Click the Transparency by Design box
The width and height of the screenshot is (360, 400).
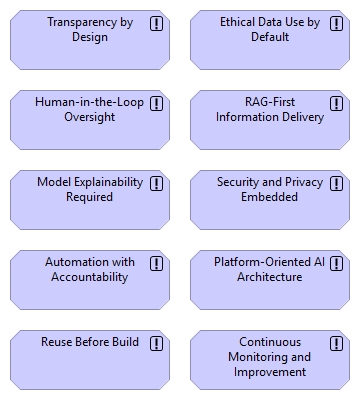tap(90, 40)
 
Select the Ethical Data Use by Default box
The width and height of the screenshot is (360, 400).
tap(270, 40)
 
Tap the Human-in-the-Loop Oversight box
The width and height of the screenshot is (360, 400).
tap(90, 120)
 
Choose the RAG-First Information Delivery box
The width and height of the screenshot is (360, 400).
tap(270, 120)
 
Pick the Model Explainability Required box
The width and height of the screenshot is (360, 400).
tap(90, 200)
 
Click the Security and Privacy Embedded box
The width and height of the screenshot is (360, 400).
tap(270, 200)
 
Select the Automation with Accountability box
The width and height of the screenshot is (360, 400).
tap(90, 280)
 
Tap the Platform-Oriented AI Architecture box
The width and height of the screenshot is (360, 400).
tap(270, 280)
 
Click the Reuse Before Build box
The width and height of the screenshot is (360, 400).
tap(90, 360)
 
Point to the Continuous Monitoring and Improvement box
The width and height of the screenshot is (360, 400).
tap(270, 360)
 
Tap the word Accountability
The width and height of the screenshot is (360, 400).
tap(90, 277)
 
